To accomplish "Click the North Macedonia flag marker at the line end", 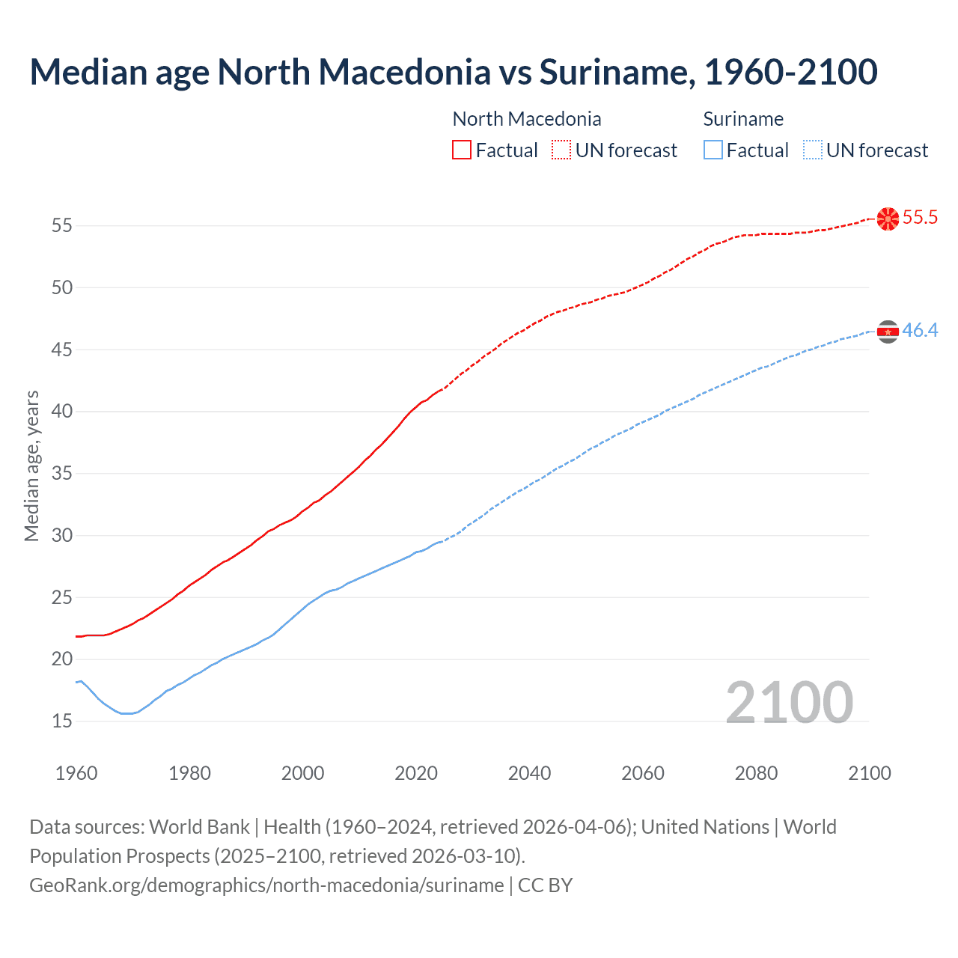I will [x=888, y=219].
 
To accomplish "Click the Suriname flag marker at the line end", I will [x=888, y=332].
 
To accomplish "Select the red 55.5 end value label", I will [x=920, y=218].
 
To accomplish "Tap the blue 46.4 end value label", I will [x=920, y=331].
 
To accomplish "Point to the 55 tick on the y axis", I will [x=62, y=225].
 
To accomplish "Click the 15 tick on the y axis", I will [x=62, y=721].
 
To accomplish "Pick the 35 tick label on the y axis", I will [x=62, y=474].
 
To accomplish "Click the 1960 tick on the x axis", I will [x=76, y=773].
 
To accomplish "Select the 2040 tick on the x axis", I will [x=529, y=773].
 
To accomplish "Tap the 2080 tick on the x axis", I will [x=756, y=773].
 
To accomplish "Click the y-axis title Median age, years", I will [x=31, y=466].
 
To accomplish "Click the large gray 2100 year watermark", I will [x=789, y=703].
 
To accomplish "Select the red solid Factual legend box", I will [x=462, y=150].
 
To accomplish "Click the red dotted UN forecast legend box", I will [x=561, y=150].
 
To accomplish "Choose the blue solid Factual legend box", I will [x=713, y=150].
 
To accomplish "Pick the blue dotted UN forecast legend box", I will [x=813, y=150].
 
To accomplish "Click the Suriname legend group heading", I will [x=743, y=119].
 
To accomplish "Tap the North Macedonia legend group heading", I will [x=527, y=119].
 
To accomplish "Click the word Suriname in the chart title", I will [x=613, y=73].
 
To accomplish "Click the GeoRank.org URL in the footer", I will [x=266, y=885].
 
